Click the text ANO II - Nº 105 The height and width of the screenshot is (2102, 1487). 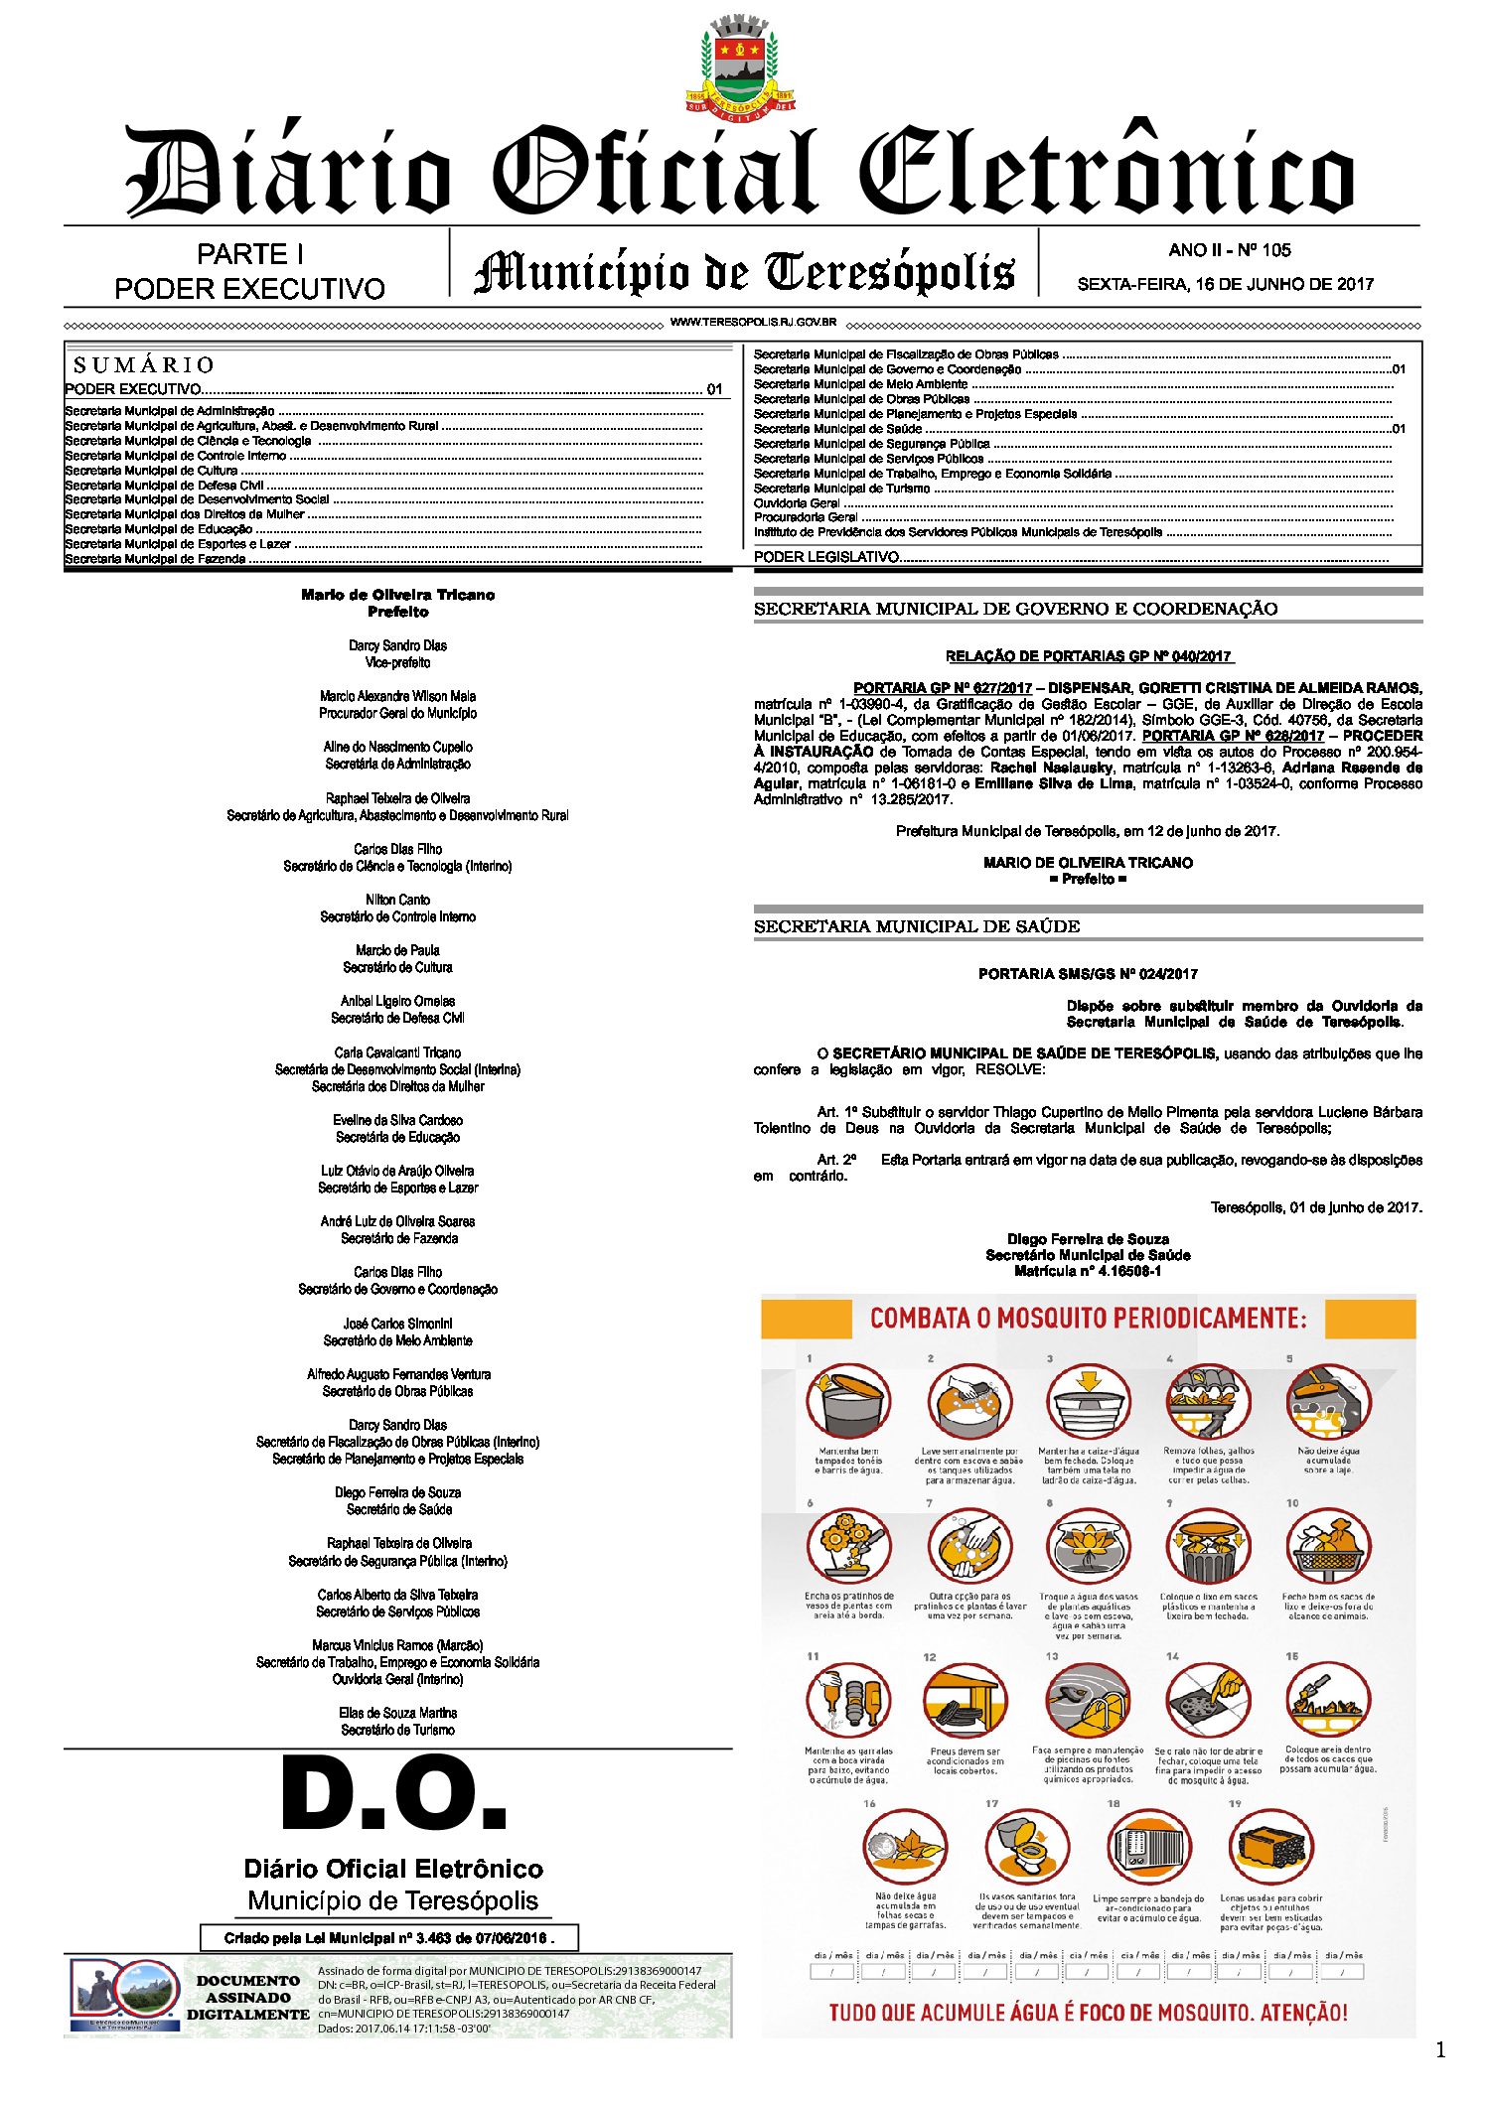1229,250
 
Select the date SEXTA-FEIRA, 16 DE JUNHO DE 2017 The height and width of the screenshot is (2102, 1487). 1225,284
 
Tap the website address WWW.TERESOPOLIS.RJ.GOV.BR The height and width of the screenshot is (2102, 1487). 753,323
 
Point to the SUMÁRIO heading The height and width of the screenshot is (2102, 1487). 144,365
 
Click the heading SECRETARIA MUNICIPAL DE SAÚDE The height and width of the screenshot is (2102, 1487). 916,926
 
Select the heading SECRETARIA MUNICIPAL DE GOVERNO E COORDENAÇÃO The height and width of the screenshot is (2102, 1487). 1015,609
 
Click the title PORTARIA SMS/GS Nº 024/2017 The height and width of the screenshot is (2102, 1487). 1088,974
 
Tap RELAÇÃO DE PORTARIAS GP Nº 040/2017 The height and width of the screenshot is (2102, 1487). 1089,656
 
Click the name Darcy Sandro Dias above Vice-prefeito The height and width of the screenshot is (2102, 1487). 397,645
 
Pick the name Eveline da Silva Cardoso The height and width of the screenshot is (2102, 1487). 397,1120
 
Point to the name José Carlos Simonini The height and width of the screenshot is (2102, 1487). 397,1324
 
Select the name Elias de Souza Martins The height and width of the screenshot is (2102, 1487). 397,1713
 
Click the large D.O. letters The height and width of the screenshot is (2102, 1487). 394,1794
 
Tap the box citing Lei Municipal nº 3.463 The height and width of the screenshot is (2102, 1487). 388,1937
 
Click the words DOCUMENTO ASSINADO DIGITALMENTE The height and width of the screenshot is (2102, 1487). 248,1998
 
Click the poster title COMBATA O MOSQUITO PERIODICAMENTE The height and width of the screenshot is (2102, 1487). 1089,1319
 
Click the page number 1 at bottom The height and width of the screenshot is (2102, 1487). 1440,2050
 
